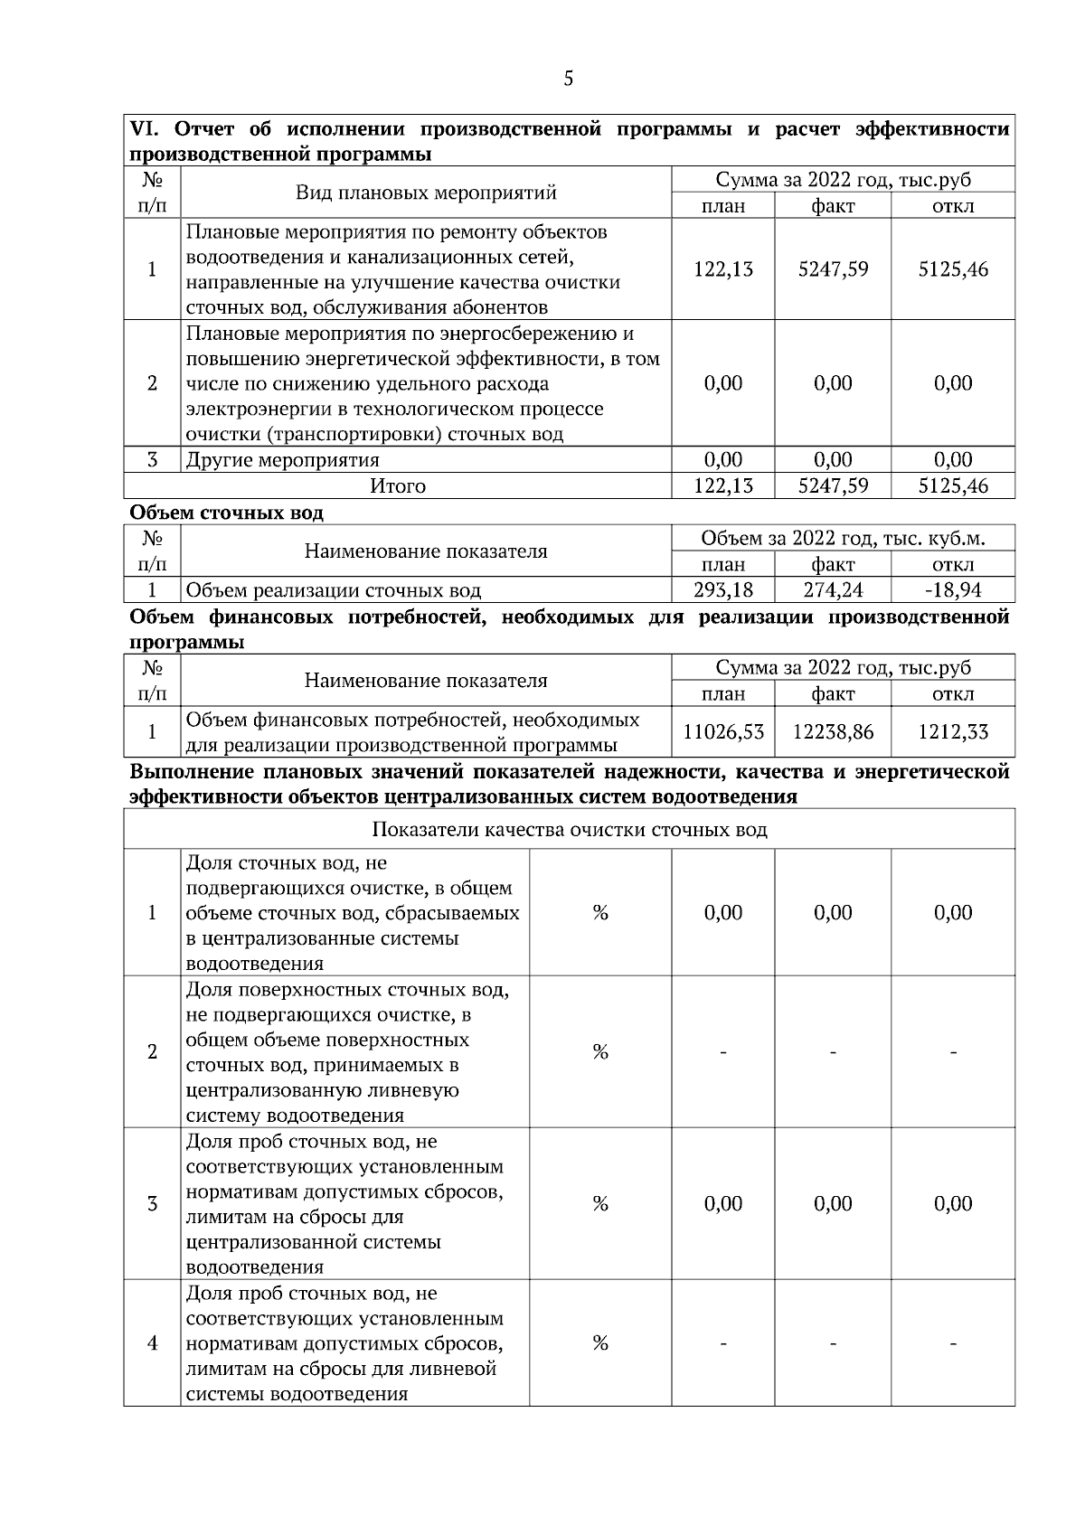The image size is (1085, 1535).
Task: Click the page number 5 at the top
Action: point(568,79)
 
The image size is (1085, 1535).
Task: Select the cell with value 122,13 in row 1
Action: point(722,269)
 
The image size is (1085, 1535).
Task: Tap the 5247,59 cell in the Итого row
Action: point(833,486)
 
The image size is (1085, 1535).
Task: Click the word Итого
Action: point(398,486)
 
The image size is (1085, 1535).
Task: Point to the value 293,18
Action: point(722,591)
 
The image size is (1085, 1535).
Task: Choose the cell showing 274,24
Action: point(833,591)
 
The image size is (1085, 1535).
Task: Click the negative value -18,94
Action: point(953,591)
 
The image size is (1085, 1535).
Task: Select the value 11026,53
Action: point(722,732)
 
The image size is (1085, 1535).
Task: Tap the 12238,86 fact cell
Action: point(833,732)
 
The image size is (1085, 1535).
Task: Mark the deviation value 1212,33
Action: point(953,732)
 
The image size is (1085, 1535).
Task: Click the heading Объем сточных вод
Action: point(226,513)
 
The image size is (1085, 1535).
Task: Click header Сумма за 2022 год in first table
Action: point(843,180)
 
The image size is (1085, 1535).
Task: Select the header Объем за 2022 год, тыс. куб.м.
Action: point(843,539)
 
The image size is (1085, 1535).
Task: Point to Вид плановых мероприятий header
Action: point(426,193)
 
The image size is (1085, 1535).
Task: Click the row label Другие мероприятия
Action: point(282,460)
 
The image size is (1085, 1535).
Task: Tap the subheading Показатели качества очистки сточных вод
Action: point(569,830)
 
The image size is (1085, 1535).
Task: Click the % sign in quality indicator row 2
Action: point(599,1052)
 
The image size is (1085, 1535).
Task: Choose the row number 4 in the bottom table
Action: point(152,1343)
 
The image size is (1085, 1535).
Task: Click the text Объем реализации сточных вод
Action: point(333,591)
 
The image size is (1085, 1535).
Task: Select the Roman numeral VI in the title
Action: point(143,129)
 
